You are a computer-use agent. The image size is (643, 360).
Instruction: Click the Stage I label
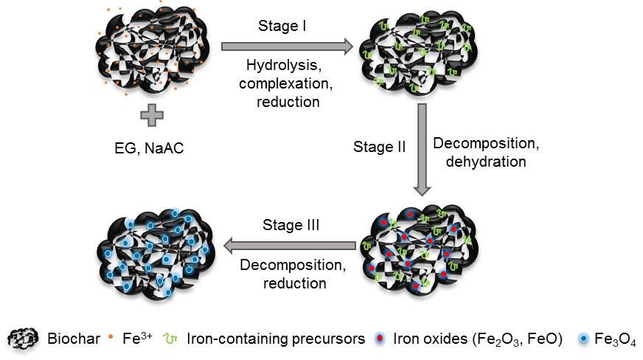[x=282, y=27]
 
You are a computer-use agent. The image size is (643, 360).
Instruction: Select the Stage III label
[x=291, y=225]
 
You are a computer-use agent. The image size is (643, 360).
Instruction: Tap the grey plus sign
[x=152, y=115]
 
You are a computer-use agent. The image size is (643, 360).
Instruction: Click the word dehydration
[x=486, y=162]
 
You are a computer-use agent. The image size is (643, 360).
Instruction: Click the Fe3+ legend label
[x=136, y=339]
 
